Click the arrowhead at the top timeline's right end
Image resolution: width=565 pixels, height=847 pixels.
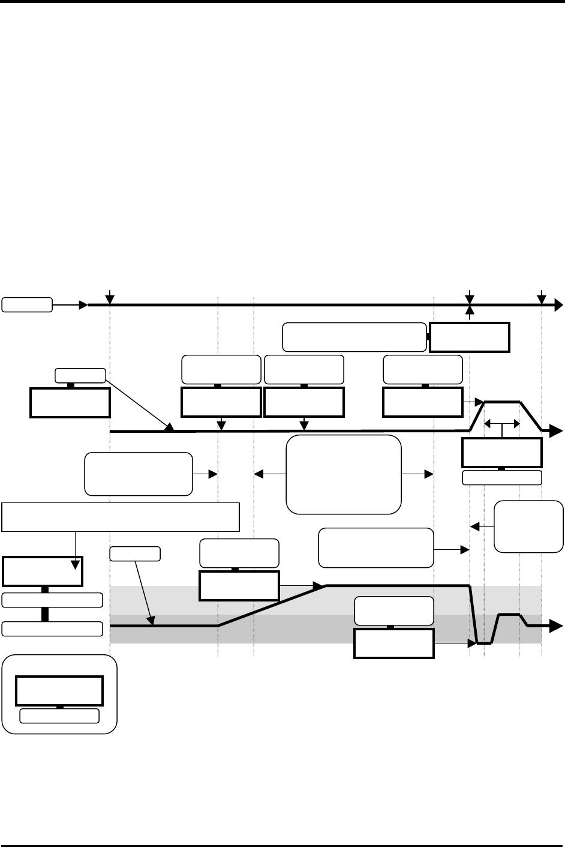(x=558, y=306)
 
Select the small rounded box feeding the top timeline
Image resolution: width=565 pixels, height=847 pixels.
(x=27, y=304)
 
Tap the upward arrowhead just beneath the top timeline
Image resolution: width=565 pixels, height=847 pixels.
(x=470, y=310)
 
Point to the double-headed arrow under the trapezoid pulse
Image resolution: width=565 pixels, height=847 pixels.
(x=501, y=424)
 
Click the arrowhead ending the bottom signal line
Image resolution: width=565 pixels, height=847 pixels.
(x=558, y=626)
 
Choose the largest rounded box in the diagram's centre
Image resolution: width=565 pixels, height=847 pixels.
(x=344, y=474)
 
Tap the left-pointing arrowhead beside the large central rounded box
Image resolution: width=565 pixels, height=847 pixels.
(x=259, y=474)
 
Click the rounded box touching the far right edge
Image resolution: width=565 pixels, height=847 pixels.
(x=528, y=526)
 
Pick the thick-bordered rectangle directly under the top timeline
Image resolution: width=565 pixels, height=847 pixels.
(x=470, y=337)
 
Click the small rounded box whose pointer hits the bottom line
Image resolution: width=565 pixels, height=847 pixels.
(x=136, y=553)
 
